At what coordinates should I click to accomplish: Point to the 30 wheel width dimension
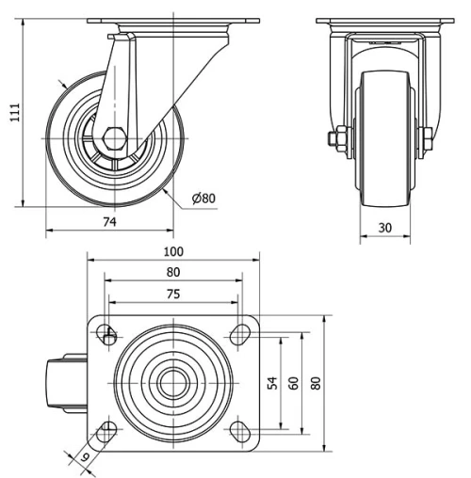click(x=385, y=227)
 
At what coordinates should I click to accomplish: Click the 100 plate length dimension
click(x=173, y=251)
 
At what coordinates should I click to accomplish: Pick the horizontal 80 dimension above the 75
click(x=173, y=272)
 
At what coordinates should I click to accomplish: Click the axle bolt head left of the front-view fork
click(x=335, y=140)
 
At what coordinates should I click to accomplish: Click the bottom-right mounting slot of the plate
click(x=239, y=431)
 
